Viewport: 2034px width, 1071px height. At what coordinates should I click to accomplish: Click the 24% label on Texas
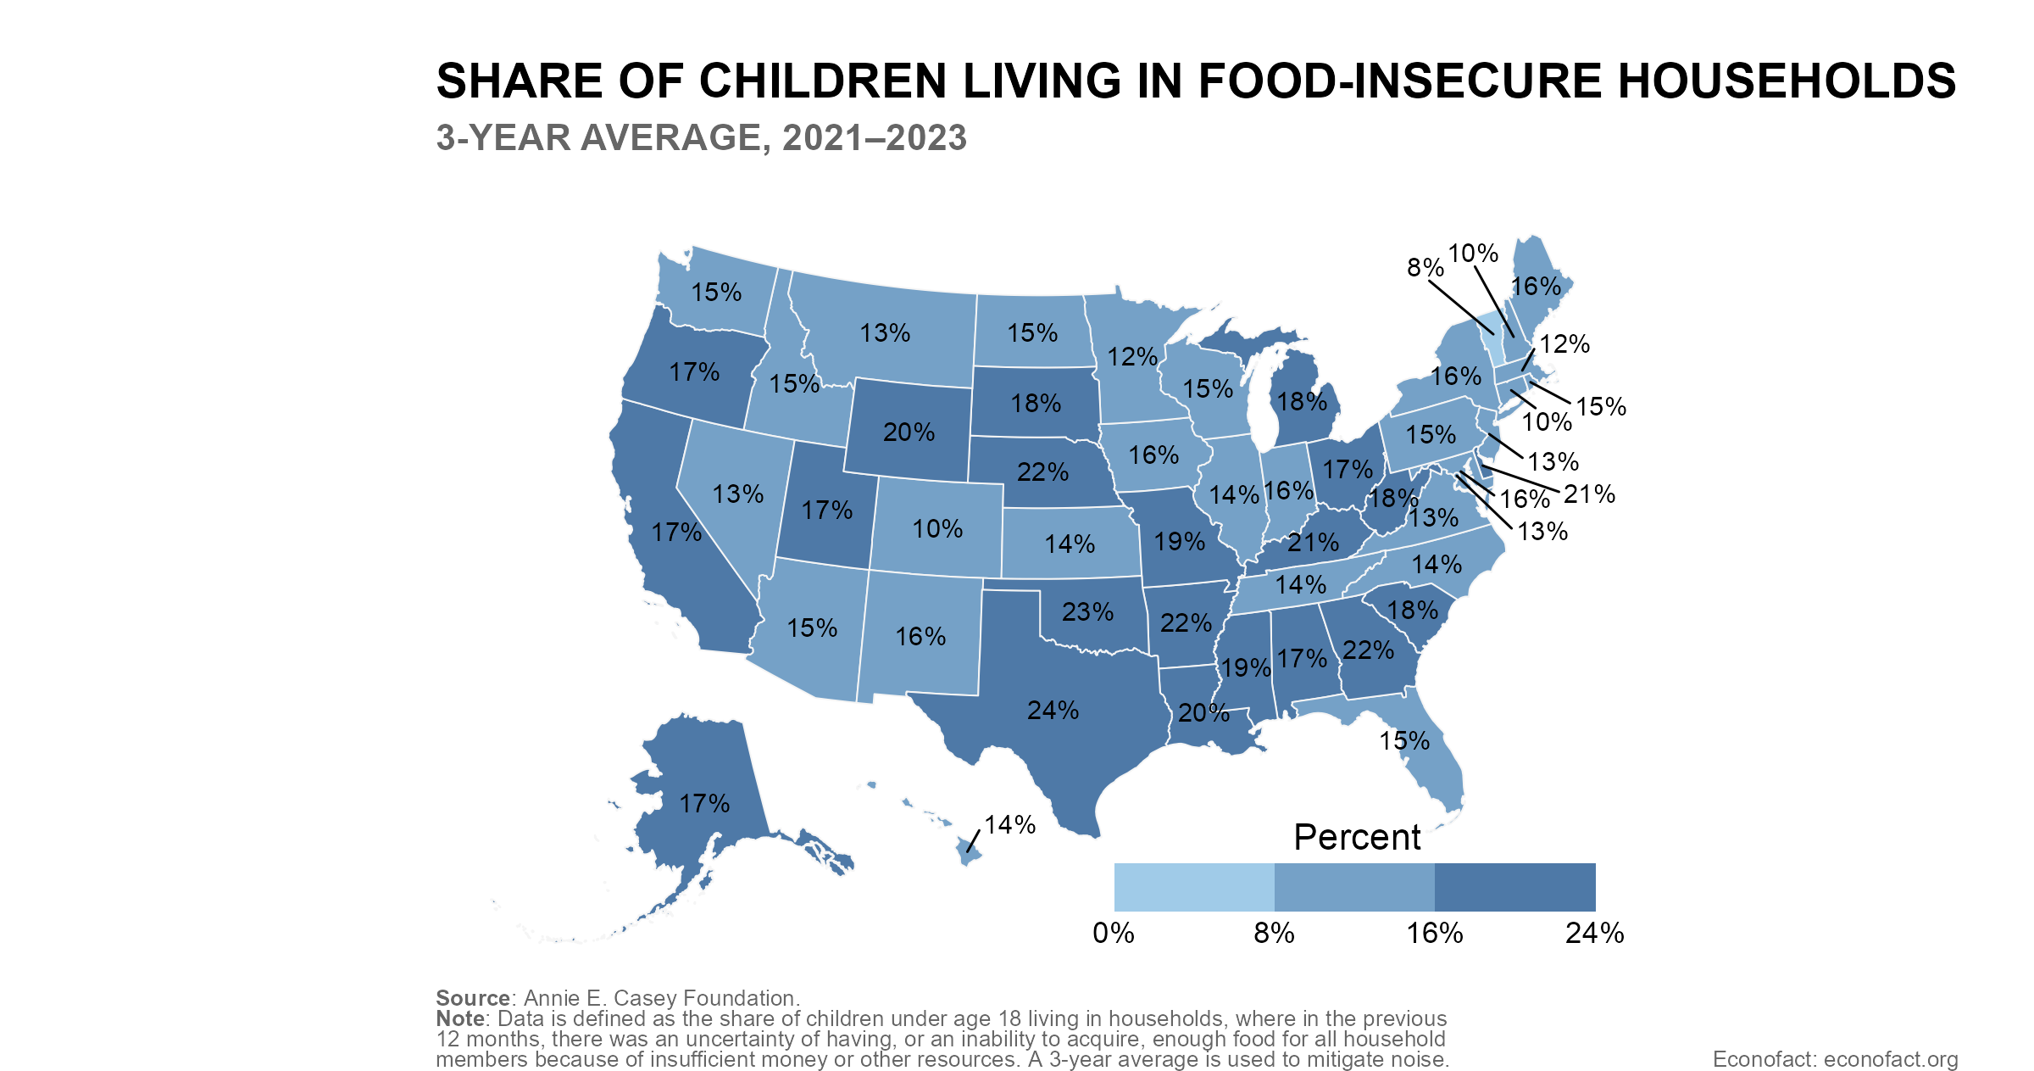coord(1053,711)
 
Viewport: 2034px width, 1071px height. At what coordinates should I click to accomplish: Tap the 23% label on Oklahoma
coord(1087,612)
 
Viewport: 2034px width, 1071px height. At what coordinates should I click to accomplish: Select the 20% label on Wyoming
coord(909,432)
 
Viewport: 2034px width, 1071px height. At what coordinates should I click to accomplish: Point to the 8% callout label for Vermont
coord(1425,268)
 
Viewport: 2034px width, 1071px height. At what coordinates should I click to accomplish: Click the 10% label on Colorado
coord(937,529)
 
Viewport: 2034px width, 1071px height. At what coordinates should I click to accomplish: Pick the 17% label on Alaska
coord(704,803)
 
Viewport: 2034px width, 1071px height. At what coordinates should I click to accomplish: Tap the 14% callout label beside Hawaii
coord(1010,824)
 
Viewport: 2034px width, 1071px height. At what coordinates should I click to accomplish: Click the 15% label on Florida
coord(1404,741)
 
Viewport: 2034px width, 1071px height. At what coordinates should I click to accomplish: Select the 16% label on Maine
coord(1536,287)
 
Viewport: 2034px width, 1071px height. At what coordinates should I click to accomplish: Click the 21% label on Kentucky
coord(1313,543)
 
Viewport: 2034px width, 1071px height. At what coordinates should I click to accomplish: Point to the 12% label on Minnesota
coord(1132,357)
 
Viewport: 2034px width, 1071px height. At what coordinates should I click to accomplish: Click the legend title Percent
coord(1356,838)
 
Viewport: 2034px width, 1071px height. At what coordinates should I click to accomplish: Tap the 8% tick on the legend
coord(1274,934)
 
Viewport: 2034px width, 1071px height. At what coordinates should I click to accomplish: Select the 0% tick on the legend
coord(1114,934)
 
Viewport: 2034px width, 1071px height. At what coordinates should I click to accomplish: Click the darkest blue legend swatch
coord(1514,887)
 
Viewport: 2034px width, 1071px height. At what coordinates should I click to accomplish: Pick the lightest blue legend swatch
coord(1193,887)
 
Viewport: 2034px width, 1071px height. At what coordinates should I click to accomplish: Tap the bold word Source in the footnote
coord(473,998)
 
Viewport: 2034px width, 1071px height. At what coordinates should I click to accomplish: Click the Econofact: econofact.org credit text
coord(1835,1059)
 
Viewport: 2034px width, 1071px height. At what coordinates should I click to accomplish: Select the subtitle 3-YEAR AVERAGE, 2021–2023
coord(701,138)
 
